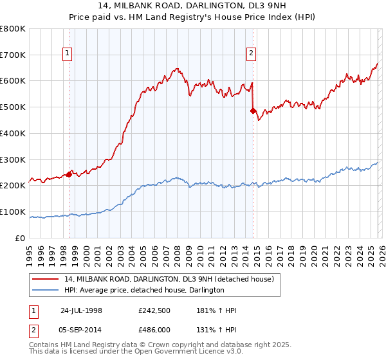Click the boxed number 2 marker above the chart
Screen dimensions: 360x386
252,54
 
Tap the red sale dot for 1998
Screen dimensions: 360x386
69,174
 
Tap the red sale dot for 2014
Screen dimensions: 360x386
252,111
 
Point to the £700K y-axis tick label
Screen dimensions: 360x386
13,55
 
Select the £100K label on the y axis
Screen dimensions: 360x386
13,212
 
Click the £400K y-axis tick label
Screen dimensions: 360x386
13,133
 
